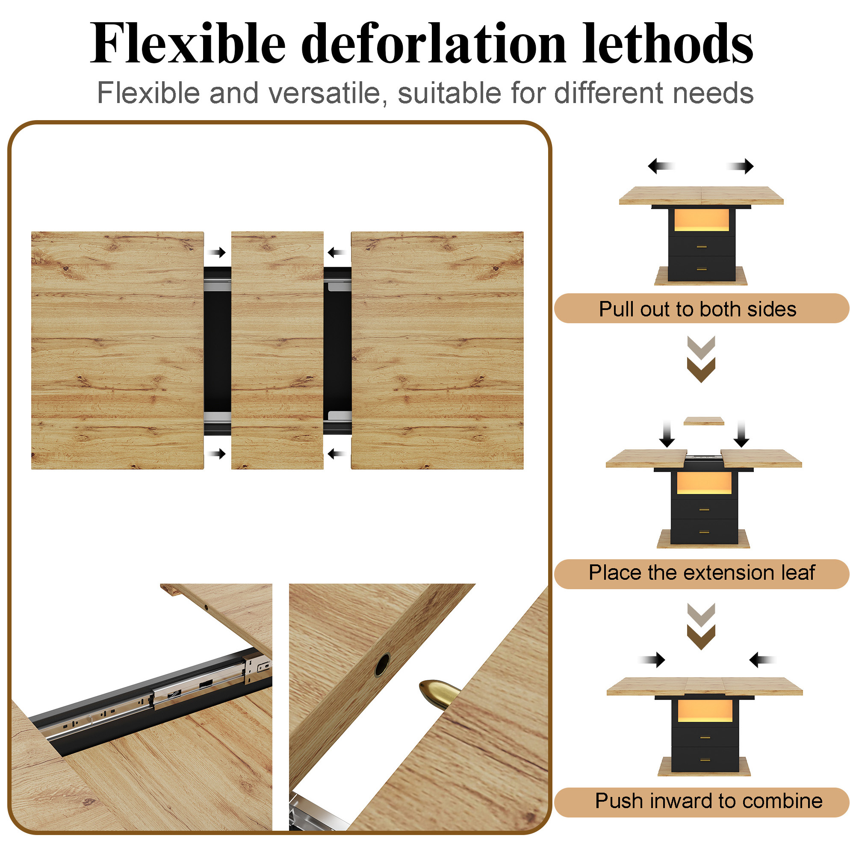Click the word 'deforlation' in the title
434,44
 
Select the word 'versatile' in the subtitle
328,93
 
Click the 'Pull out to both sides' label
697,309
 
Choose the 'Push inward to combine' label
708,800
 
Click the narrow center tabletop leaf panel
277,350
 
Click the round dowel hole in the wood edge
382,665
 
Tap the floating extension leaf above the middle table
703,421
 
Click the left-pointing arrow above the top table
661,166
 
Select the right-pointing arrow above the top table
740,166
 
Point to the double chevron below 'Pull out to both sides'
701,359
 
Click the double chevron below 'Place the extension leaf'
701,627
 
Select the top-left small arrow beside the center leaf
217,253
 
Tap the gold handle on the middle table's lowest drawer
704,532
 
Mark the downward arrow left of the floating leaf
667,434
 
